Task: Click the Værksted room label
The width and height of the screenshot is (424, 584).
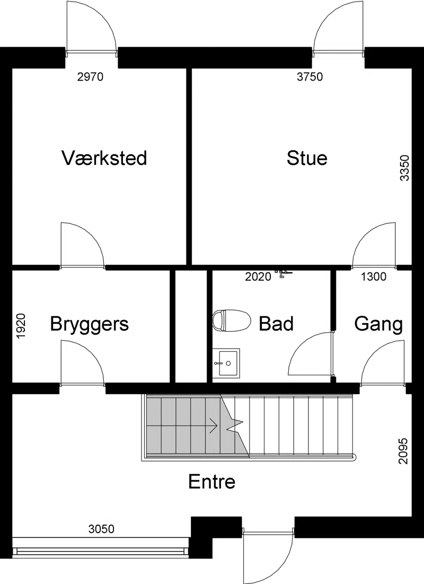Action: tap(104, 158)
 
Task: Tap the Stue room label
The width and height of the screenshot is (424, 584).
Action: tap(307, 158)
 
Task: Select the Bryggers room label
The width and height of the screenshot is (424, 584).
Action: tap(90, 324)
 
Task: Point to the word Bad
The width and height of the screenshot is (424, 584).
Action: tap(276, 323)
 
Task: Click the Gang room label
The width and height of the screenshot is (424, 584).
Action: tap(378, 324)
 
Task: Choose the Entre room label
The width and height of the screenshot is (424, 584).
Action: tap(211, 482)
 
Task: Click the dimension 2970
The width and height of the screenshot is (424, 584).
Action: tap(90, 77)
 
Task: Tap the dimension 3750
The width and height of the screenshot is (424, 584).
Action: tap(310, 77)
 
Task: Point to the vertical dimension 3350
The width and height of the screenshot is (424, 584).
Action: tap(404, 168)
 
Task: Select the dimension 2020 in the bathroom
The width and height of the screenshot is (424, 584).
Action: tap(258, 277)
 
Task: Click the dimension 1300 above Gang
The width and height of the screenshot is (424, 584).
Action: tap(374, 277)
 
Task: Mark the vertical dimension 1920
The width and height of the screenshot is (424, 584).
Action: tap(21, 326)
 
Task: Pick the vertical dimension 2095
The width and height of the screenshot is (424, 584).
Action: tap(403, 451)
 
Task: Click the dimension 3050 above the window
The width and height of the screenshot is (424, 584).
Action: tap(101, 529)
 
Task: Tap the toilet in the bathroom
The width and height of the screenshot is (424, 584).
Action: tap(231, 320)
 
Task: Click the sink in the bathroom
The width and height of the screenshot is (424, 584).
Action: tap(226, 362)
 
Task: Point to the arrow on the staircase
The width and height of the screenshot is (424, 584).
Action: tap(214, 426)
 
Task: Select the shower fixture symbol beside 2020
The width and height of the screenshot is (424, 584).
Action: tap(283, 273)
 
